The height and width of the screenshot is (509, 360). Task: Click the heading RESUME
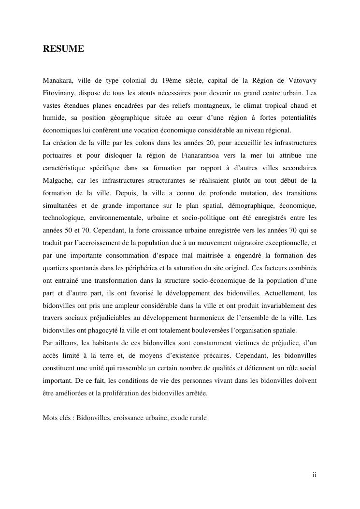63,49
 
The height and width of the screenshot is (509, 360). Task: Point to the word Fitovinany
60,92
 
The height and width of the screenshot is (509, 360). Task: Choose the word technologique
64,218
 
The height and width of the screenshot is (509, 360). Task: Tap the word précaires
211,356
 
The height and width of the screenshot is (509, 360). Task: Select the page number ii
314,475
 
